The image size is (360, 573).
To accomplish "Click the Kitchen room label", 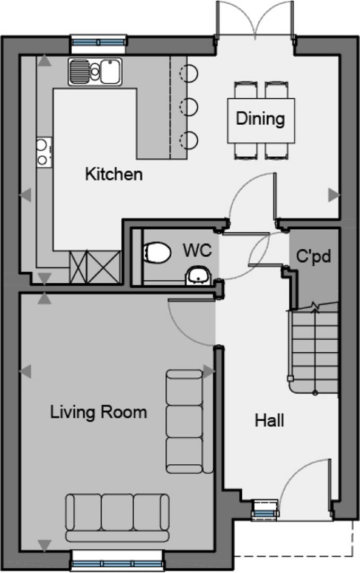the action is tap(113, 174).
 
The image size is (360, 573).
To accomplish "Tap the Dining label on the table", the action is tap(260, 118).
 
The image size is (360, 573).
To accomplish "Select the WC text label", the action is tap(197, 250).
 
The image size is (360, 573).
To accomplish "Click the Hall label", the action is tap(269, 420).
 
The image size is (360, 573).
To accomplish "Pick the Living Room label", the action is tap(98, 412).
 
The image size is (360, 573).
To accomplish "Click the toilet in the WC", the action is tap(157, 253).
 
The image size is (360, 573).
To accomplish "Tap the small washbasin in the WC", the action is tap(199, 276).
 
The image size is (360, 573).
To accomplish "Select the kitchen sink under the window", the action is tap(95, 72).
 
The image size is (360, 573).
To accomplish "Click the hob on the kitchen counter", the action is tap(44, 152).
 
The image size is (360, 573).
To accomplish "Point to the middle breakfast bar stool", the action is tap(189, 107).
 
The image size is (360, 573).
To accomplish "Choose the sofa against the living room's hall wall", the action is tap(189, 421).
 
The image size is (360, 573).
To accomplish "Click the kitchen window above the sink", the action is tap(99, 41).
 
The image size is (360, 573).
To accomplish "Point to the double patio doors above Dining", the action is tap(255, 18).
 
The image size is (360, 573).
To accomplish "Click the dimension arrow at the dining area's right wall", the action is tap(333, 195).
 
